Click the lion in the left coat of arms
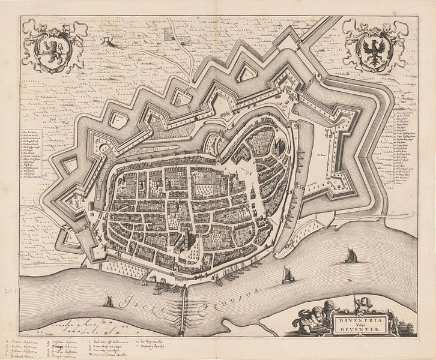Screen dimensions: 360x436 pyautogui.click(x=51, y=47)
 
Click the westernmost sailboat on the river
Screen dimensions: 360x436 pyautogui.click(x=108, y=301)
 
